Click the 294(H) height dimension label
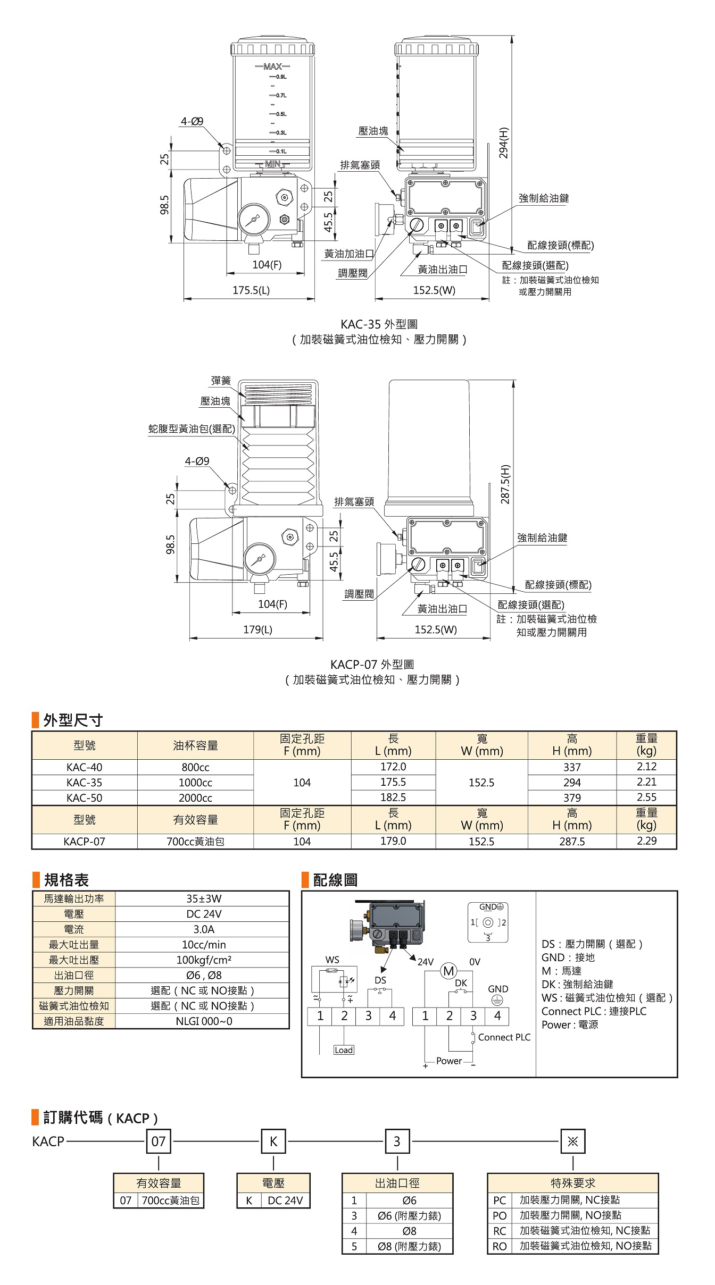503,142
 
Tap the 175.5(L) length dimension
251,290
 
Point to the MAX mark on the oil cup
272,66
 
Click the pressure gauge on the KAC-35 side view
254,219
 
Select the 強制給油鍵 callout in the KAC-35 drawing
544,198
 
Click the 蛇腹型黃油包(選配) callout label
192,429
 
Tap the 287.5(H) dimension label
505,484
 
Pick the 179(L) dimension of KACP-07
258,629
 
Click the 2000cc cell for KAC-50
195,797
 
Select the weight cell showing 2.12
646,767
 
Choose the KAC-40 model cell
84,767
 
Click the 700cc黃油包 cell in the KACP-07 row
195,842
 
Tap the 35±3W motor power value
204,898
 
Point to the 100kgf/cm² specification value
204,960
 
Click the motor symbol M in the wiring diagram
448,971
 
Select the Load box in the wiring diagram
344,1050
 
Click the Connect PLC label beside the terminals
504,1037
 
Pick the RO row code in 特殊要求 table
500,1246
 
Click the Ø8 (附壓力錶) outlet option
409,1246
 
